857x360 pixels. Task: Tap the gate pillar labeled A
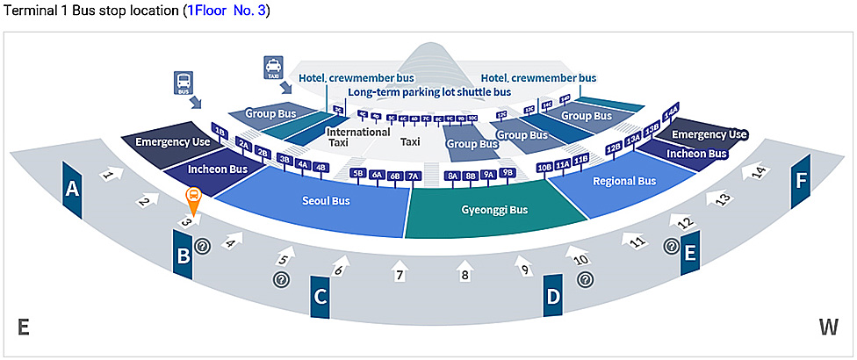click(x=72, y=188)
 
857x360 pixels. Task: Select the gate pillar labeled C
click(x=320, y=296)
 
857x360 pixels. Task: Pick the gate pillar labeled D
click(x=553, y=296)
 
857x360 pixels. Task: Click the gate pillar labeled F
click(x=800, y=182)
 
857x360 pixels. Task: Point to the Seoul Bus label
click(x=326, y=200)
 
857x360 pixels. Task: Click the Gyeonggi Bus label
click(x=494, y=210)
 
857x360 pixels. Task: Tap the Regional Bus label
click(x=624, y=182)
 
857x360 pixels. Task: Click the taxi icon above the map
click(x=273, y=67)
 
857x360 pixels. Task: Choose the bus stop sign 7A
click(x=414, y=176)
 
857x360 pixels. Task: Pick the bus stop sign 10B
click(x=544, y=166)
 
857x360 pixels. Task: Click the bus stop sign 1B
click(x=220, y=133)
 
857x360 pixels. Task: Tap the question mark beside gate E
click(x=671, y=247)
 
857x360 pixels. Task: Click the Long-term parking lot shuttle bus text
click(x=428, y=91)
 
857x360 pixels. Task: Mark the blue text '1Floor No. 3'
click(x=228, y=11)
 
